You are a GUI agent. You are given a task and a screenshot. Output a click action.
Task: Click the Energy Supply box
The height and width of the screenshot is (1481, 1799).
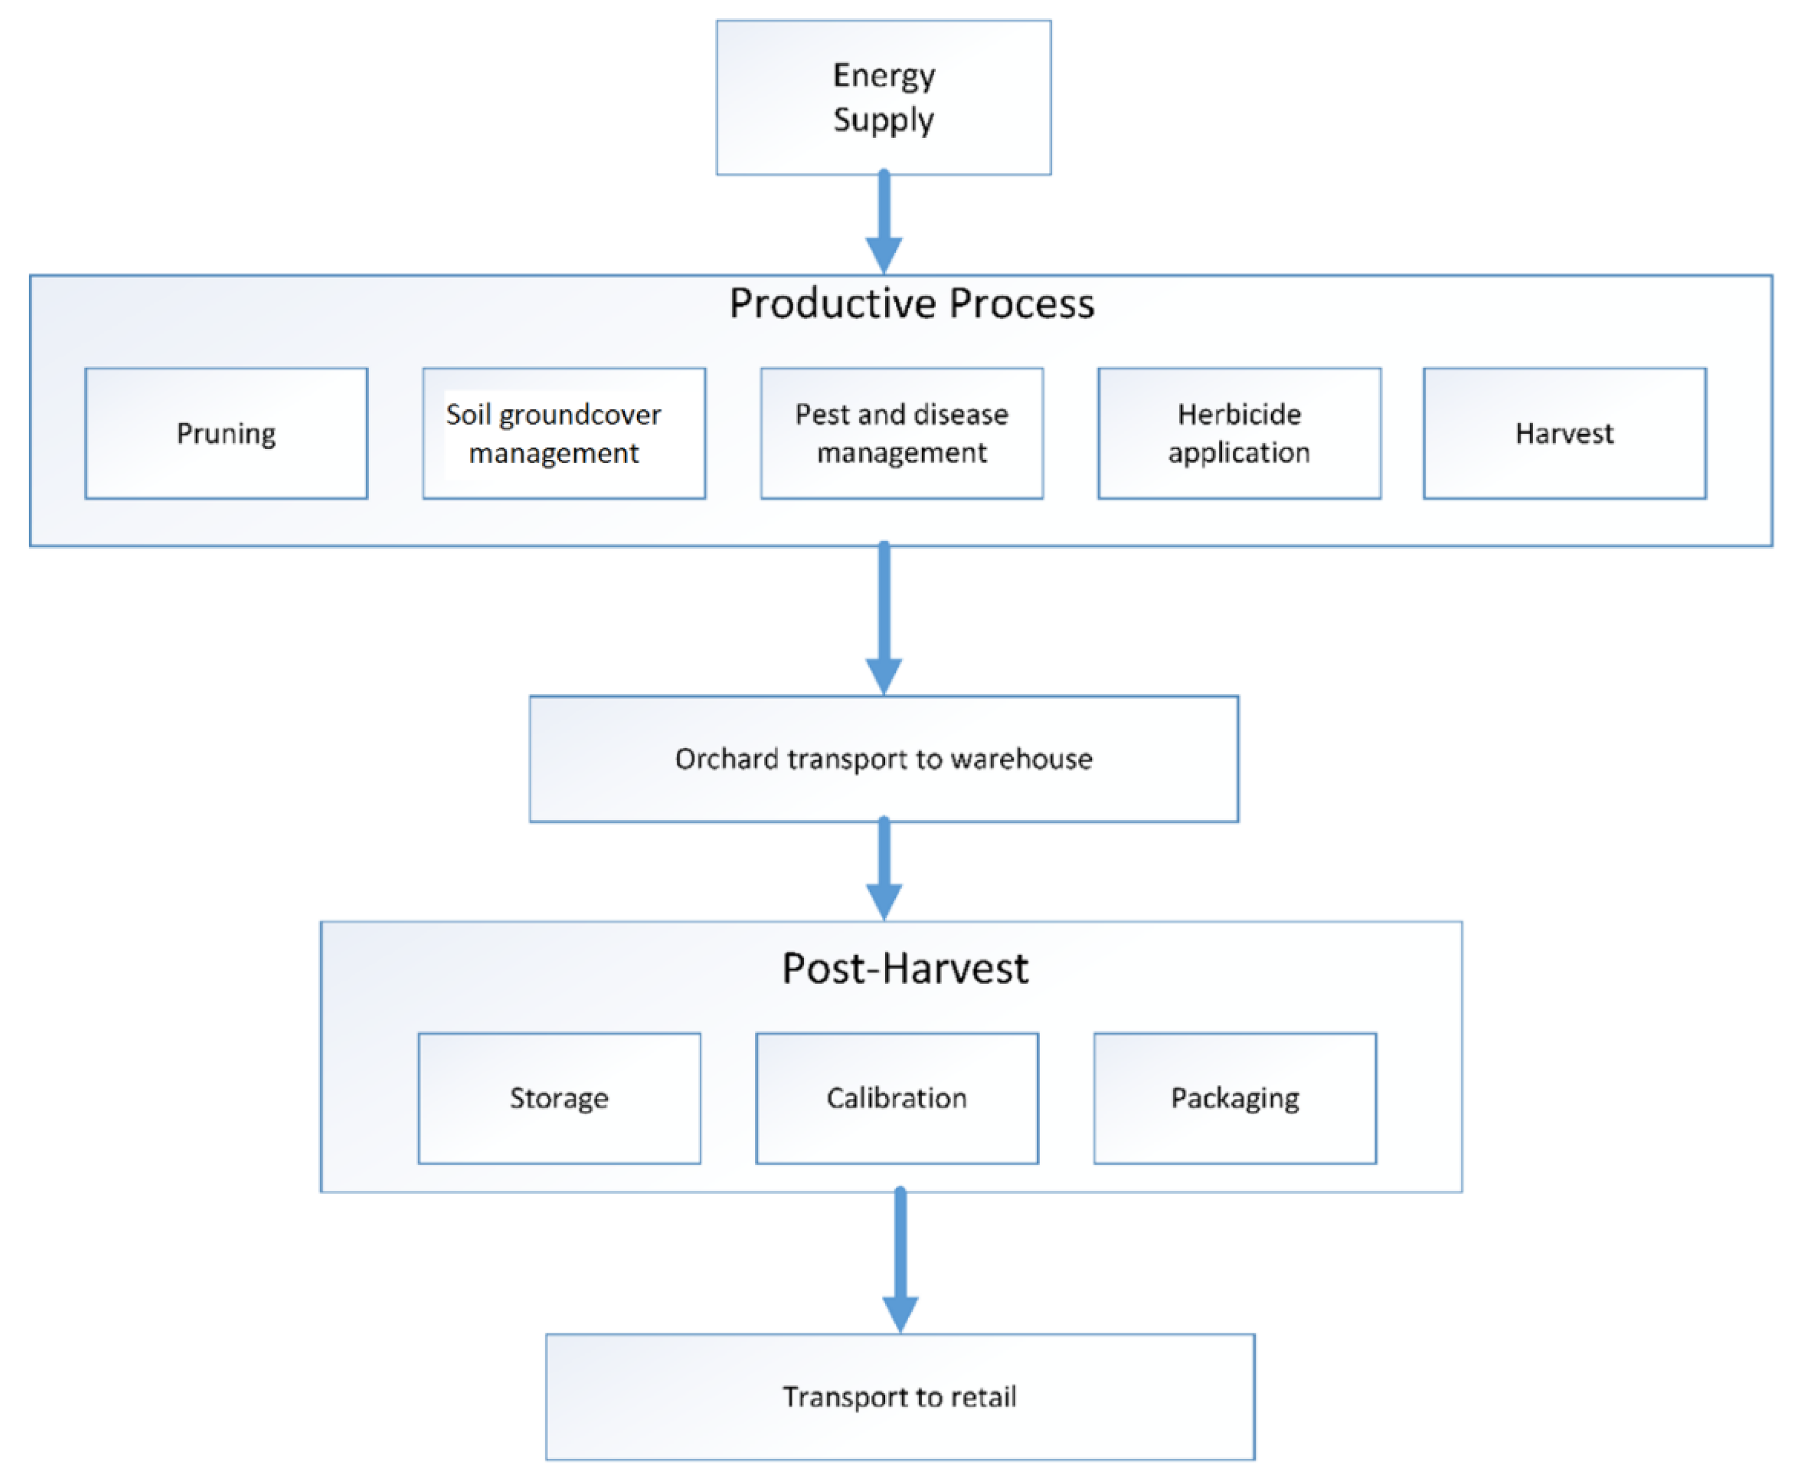coord(883,97)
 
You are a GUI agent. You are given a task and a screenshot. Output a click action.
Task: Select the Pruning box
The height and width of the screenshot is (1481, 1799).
coord(226,433)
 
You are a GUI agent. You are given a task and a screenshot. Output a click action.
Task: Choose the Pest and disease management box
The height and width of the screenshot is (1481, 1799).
coord(901,433)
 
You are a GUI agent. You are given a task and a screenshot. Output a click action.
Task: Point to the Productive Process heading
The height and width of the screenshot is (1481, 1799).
coord(911,304)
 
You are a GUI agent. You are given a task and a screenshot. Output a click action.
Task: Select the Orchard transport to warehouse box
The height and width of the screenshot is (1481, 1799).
coord(883,759)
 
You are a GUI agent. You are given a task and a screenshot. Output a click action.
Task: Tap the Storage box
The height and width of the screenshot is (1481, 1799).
coord(559,1098)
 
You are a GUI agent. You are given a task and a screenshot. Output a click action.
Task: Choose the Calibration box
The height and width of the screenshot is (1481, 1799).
coord(896,1098)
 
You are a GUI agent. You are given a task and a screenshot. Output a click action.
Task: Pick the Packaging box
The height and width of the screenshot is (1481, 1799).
coord(1234,1098)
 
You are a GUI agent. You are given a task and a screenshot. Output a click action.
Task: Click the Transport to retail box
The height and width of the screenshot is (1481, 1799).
coord(899,1396)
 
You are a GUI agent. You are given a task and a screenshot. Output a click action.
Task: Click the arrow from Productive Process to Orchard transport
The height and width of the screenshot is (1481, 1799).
coord(883,619)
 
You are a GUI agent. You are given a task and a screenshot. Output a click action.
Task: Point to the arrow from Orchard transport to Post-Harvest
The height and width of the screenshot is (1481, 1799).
coord(883,870)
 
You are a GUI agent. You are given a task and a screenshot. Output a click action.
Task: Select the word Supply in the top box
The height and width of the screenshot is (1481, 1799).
coord(883,120)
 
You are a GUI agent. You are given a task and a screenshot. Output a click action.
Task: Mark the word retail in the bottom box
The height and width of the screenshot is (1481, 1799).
coord(984,1396)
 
